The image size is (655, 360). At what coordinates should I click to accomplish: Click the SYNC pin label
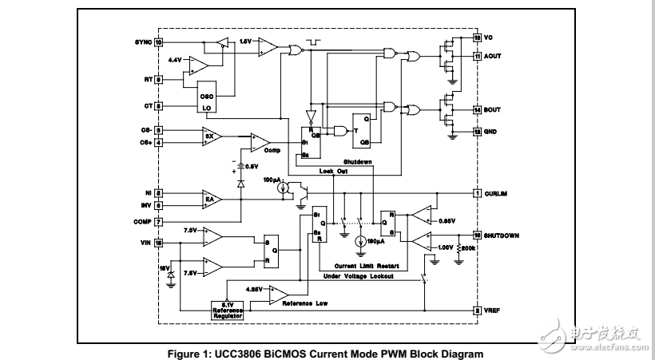click(142, 42)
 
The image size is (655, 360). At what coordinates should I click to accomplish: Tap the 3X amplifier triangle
click(211, 136)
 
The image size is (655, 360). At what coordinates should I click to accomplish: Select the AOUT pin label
click(493, 57)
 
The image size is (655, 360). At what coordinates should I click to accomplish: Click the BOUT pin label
click(493, 109)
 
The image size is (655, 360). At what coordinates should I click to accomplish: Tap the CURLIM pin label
click(498, 193)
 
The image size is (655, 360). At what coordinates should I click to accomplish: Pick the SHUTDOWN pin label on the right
click(504, 235)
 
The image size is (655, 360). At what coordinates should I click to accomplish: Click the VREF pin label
click(493, 311)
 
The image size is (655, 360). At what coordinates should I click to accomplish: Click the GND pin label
click(491, 130)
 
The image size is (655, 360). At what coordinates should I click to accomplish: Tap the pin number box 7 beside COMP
click(159, 221)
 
